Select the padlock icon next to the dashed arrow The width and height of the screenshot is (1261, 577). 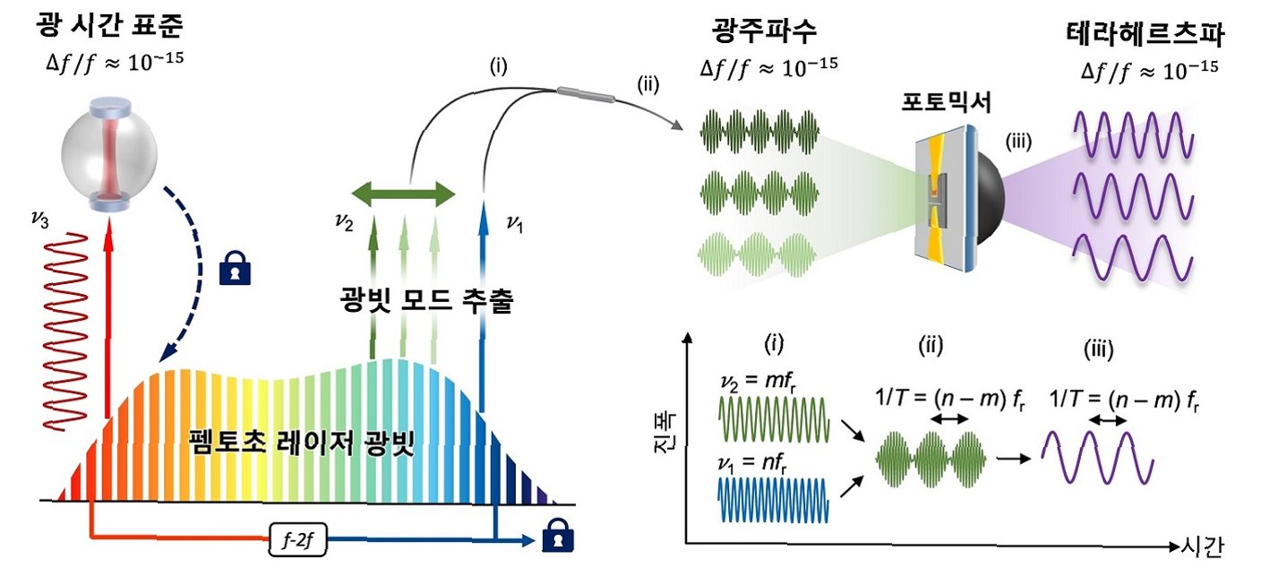[x=231, y=267]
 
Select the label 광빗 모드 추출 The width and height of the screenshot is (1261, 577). [x=426, y=300]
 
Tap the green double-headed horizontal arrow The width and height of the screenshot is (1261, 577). [x=403, y=193]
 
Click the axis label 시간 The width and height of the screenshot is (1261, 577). [x=1201, y=546]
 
